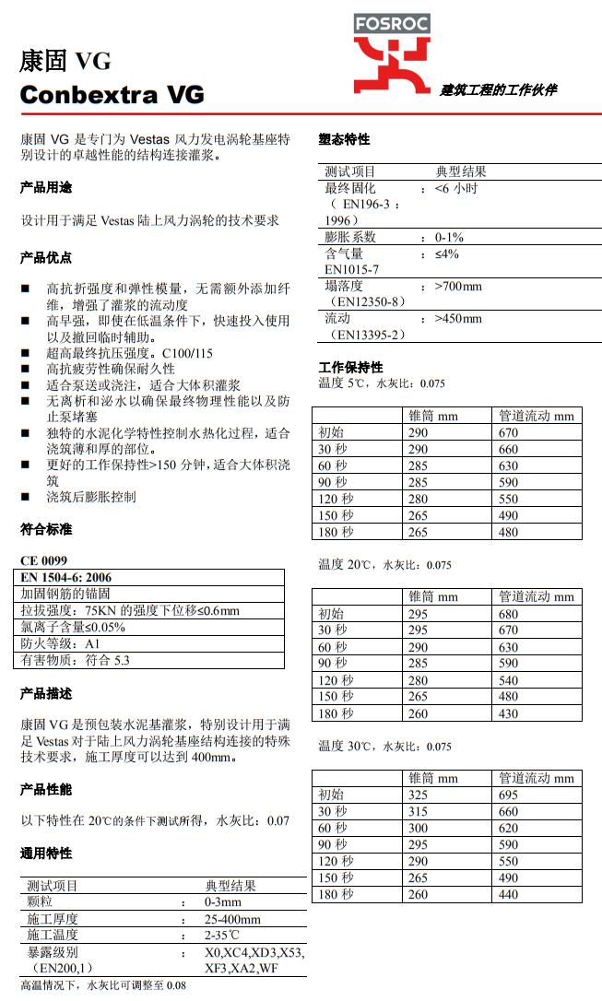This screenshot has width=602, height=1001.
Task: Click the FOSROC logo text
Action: [x=392, y=24]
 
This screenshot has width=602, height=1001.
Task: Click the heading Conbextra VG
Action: [x=112, y=94]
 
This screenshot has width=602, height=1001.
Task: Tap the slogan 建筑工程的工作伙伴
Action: [x=498, y=90]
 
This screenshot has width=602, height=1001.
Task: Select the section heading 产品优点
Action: [x=45, y=256]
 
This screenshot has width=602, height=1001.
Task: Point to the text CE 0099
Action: [x=43, y=560]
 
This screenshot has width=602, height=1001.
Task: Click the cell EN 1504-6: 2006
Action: [x=66, y=577]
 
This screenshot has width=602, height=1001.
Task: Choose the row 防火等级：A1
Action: [x=60, y=643]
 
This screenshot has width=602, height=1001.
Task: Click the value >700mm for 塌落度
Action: [x=458, y=286]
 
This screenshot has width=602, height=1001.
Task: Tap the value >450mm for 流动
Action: [x=458, y=319]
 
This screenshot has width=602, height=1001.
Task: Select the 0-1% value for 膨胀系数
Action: [x=449, y=237]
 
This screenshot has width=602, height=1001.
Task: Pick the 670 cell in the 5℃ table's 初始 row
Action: [x=508, y=433]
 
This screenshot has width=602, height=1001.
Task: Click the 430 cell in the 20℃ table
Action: [x=508, y=713]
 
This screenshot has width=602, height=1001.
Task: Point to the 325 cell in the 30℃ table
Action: [x=418, y=795]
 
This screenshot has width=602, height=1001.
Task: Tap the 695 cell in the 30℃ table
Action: [x=508, y=795]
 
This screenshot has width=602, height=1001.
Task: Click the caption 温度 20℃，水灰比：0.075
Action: [x=384, y=565]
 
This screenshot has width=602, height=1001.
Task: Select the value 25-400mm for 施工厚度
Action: [x=232, y=919]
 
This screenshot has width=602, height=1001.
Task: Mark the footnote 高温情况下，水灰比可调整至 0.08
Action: [x=103, y=985]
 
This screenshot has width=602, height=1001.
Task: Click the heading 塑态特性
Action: [x=344, y=139]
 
